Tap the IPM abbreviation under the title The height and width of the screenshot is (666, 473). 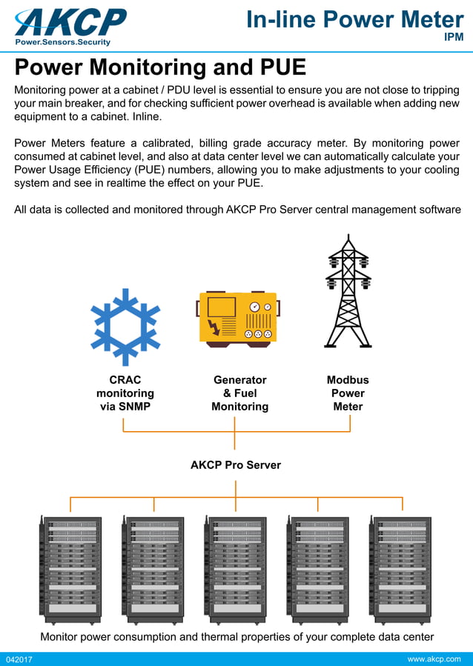(x=453, y=37)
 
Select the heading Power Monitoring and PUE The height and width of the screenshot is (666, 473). (x=160, y=67)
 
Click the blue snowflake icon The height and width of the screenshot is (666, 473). (x=125, y=317)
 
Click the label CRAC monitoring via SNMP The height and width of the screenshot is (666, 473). (x=125, y=393)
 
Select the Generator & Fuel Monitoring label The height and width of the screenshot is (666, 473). (x=239, y=393)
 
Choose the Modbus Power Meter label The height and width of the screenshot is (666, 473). (x=348, y=393)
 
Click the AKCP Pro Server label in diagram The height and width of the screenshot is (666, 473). (x=236, y=465)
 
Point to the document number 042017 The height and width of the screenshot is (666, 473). (x=20, y=659)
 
